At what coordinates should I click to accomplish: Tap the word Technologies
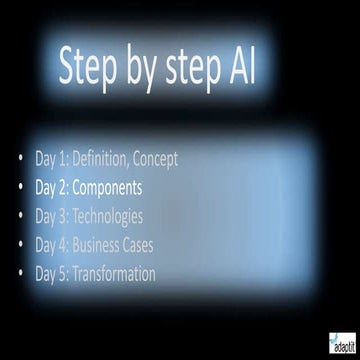[109, 215]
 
